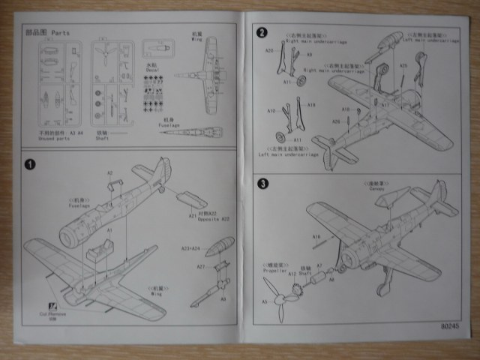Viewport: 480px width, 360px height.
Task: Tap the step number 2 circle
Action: click(262, 32)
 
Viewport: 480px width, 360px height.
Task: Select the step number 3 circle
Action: click(262, 183)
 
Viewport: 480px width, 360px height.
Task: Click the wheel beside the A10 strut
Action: click(282, 137)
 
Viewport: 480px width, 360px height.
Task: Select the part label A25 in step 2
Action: click(403, 65)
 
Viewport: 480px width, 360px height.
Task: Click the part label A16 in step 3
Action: click(317, 236)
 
